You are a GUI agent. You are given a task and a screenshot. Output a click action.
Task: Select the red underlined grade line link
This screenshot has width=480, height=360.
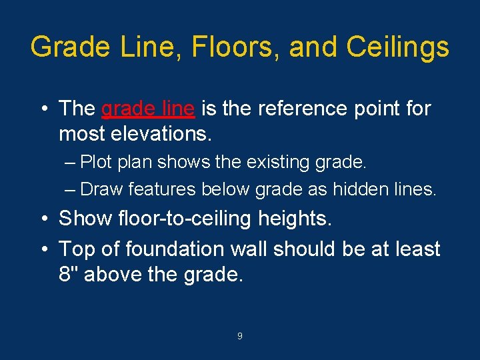[148, 108]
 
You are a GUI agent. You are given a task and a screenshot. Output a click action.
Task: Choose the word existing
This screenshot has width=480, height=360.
[289, 162]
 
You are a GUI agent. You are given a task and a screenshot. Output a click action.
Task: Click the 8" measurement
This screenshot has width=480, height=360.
[69, 275]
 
